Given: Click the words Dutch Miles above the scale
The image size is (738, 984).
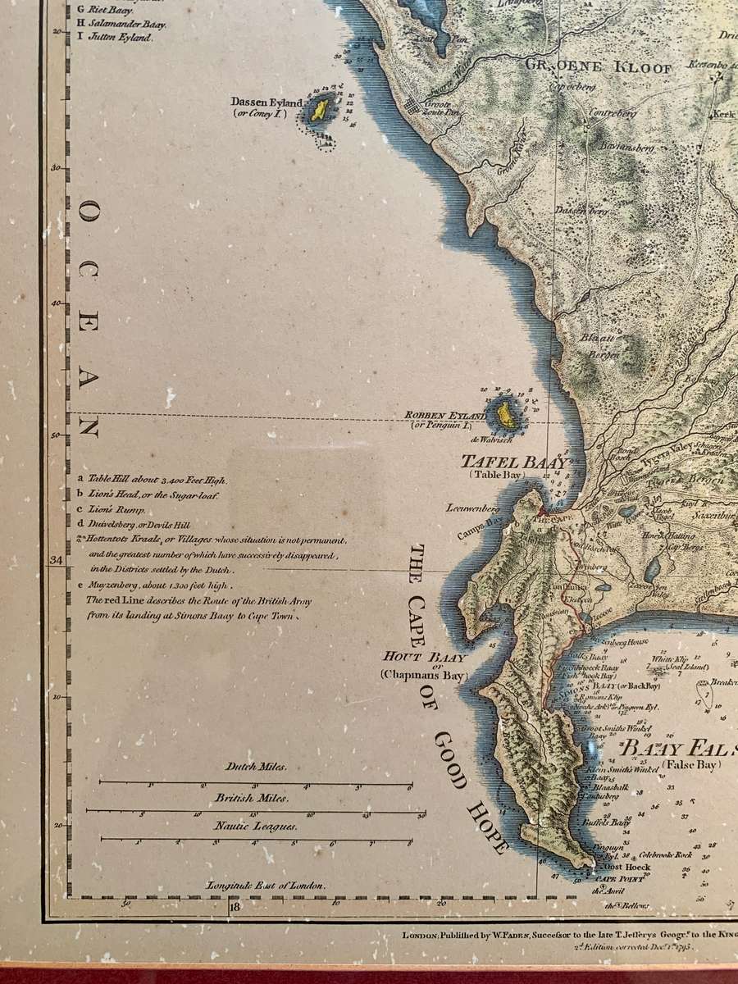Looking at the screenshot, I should (256, 768).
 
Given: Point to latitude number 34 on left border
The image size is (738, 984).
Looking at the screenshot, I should (57, 560).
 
